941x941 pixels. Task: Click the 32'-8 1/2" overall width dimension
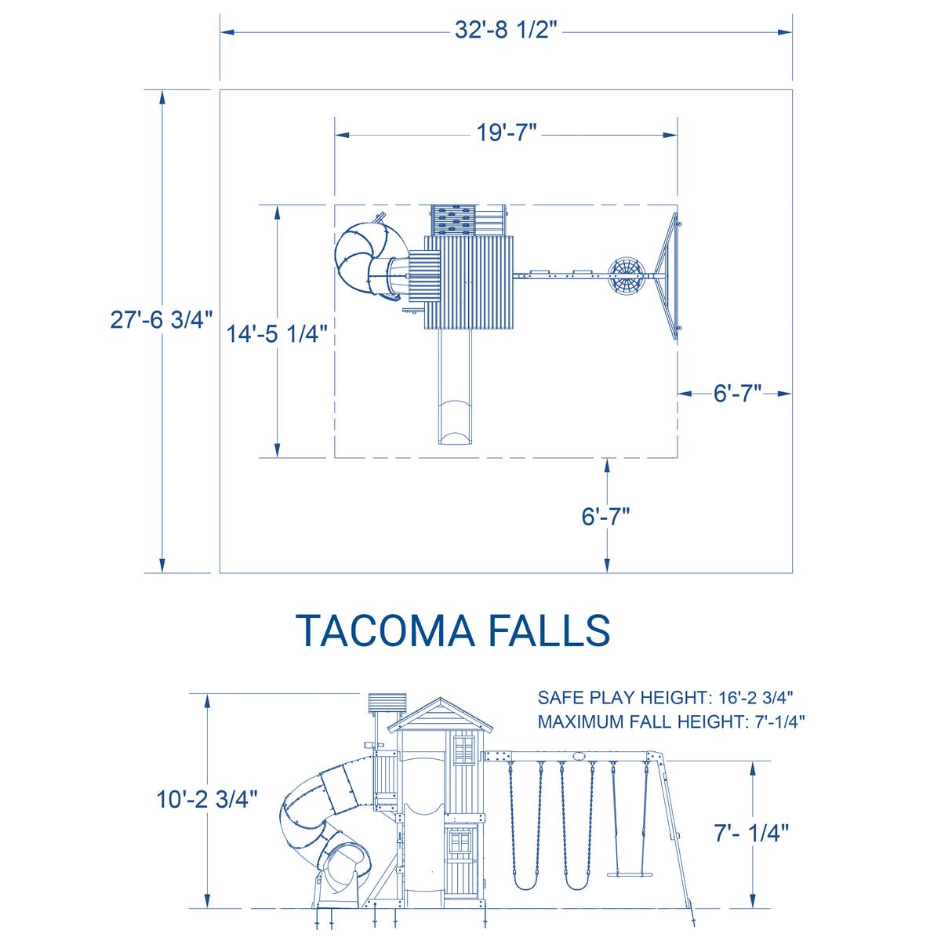pyautogui.click(x=506, y=31)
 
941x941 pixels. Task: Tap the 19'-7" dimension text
pyautogui.click(x=507, y=133)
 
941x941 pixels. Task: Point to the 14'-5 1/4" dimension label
pyautogui.click(x=277, y=333)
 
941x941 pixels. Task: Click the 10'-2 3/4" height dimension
pyautogui.click(x=207, y=799)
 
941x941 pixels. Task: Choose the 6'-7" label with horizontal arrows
pyautogui.click(x=737, y=394)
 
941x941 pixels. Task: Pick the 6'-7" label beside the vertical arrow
pyautogui.click(x=605, y=517)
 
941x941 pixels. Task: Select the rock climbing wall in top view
pyautogui.click(x=453, y=219)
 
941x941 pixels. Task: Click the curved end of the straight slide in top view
pyautogui.click(x=456, y=423)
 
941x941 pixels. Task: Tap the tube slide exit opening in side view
pyautogui.click(x=343, y=863)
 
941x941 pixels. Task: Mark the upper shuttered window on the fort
pyautogui.click(x=463, y=748)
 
